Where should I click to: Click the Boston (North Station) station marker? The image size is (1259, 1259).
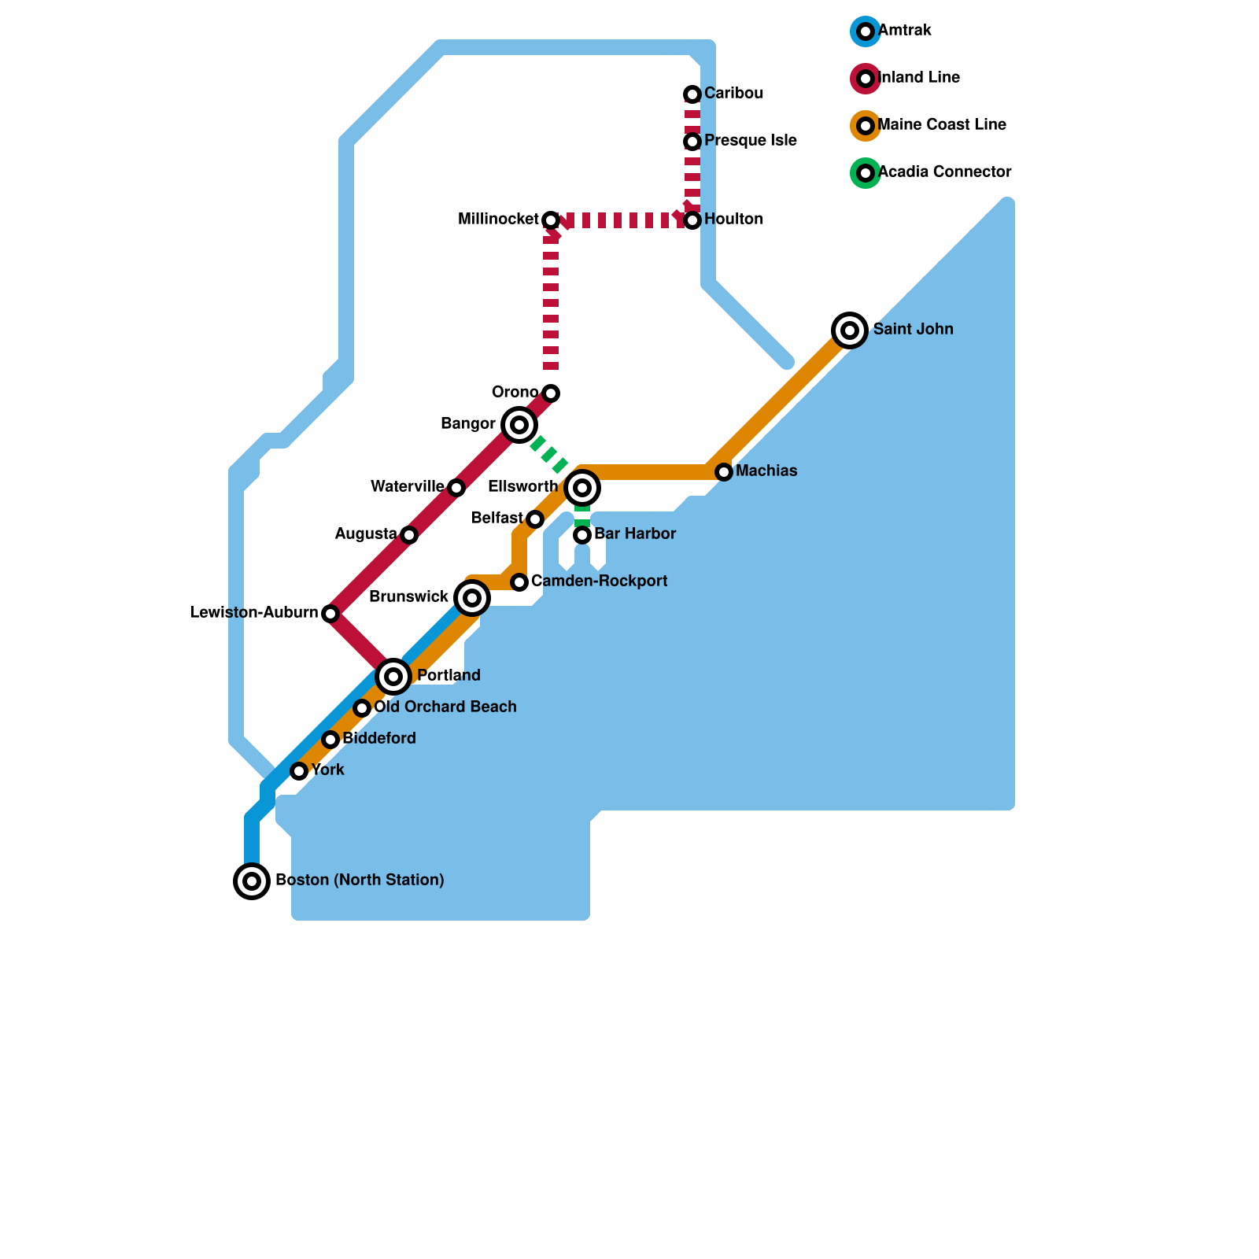252,881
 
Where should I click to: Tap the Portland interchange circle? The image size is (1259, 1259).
393,676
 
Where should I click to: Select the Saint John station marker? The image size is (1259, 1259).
850,330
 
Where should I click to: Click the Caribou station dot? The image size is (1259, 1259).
692,94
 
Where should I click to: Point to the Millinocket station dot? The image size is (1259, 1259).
551,220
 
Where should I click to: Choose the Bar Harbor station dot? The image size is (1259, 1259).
582,535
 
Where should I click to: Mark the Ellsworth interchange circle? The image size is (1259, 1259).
582,488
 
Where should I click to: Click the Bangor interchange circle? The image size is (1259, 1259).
519,425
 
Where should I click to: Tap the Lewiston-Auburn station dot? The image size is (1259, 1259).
330,614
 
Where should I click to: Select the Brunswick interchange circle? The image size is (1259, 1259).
472,598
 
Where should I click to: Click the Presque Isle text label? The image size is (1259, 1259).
750,141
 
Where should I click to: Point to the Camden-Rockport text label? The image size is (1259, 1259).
599,582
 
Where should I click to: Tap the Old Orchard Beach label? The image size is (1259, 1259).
445,707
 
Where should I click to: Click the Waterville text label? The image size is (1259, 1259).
407,487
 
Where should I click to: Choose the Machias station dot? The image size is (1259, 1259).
724,472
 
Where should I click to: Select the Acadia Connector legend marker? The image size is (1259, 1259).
866,173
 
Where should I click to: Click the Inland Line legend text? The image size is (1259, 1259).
918,78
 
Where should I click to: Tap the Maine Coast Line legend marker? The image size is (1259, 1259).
866,126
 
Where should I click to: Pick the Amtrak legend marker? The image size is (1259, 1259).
866,31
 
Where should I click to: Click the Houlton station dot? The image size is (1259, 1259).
692,220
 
